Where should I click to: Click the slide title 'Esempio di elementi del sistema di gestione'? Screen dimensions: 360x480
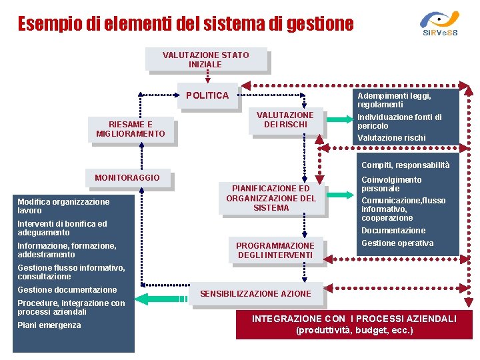tap(185, 25)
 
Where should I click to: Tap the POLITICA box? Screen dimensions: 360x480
tap(207, 95)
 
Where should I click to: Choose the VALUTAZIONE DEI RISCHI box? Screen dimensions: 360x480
tap(285, 120)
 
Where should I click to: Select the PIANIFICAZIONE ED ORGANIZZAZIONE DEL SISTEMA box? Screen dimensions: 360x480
tap(271, 198)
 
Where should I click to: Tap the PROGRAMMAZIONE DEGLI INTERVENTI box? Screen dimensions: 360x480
tap(274, 250)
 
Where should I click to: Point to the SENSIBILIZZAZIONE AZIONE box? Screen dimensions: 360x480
tap(255, 293)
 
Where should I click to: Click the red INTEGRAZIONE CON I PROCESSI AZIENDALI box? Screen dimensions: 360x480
tap(354, 325)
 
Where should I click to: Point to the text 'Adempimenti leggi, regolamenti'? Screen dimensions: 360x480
tap(394, 100)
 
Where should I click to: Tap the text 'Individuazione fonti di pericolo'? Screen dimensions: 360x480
tap(399, 121)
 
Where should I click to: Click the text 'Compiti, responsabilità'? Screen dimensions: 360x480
tap(405, 165)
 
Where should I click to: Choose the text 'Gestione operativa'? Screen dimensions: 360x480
tap(397, 243)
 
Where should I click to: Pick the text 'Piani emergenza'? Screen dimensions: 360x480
tap(49, 325)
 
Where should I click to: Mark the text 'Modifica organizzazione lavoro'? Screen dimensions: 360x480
tap(63, 206)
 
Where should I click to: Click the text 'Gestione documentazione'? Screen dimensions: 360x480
tap(67, 290)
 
